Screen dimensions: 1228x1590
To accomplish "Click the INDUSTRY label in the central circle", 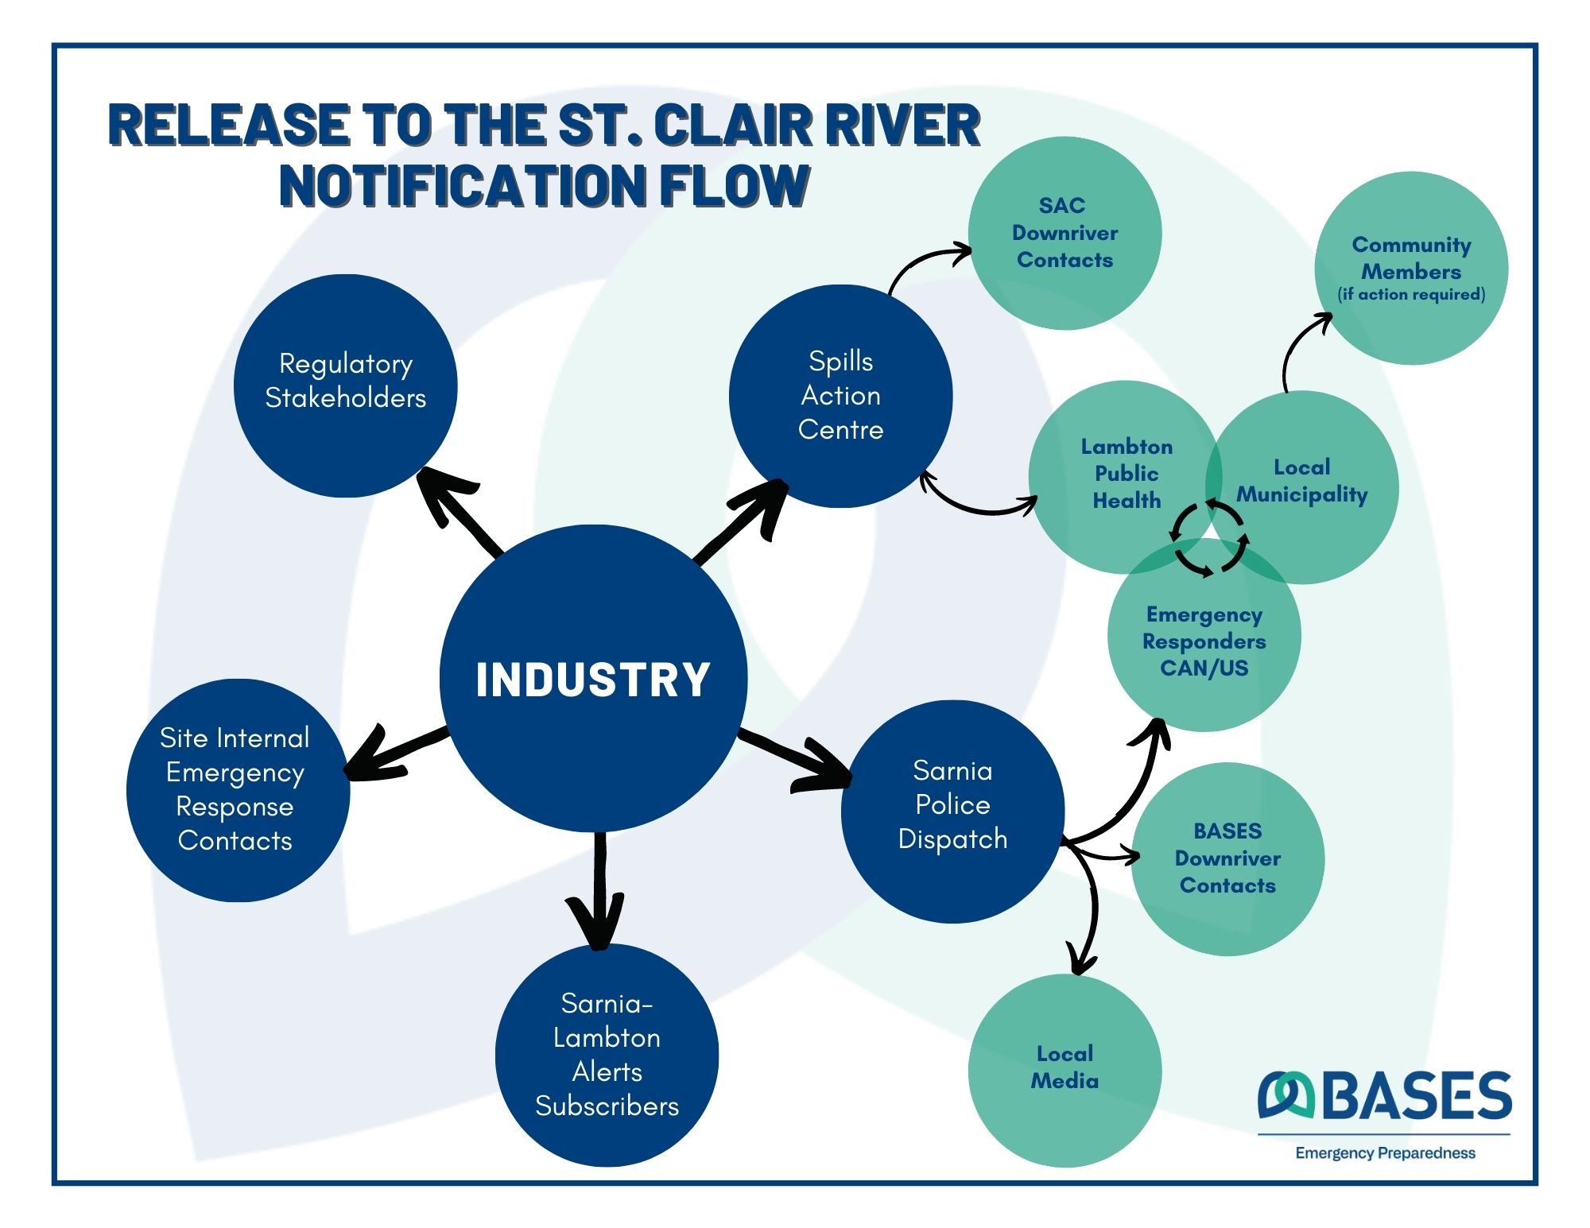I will pyautogui.click(x=592, y=680).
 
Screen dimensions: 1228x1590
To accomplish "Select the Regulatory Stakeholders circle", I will pyautogui.click(x=345, y=385).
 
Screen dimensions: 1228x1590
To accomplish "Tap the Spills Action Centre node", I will pyautogui.click(x=840, y=396).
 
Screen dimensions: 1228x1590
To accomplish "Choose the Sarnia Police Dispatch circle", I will pyautogui.click(x=952, y=811).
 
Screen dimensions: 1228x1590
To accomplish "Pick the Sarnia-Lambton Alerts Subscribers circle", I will pyautogui.click(x=607, y=1055).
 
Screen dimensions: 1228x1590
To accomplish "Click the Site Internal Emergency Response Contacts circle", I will pyautogui.click(x=237, y=789).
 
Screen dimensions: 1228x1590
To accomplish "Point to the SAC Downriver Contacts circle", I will pyautogui.click(x=1064, y=233).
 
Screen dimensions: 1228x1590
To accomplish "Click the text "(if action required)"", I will pyautogui.click(x=1411, y=295).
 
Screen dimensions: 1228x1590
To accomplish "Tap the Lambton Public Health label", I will pyautogui.click(x=1127, y=474).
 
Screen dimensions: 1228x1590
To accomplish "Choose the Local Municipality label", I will pyautogui.click(x=1301, y=481).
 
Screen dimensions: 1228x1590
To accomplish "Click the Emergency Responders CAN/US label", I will pyautogui.click(x=1204, y=641).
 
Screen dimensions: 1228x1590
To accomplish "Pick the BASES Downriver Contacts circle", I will pyautogui.click(x=1227, y=858).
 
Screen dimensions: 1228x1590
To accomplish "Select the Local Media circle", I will pyautogui.click(x=1065, y=1067).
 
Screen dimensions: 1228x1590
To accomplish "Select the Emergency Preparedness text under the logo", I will pyautogui.click(x=1385, y=1153).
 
